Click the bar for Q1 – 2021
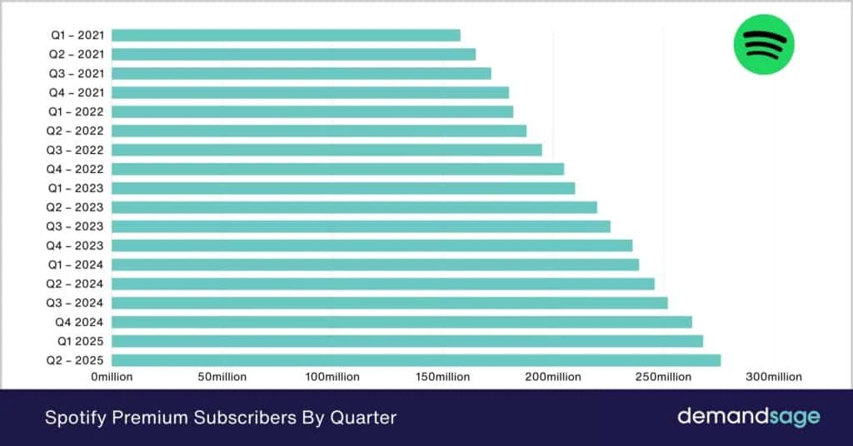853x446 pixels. tap(286, 35)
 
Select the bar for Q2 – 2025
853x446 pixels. tap(416, 360)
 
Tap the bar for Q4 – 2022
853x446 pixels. tap(337, 169)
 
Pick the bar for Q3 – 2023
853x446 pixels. tap(361, 226)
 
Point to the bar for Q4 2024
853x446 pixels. tap(402, 322)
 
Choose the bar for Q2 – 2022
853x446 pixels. tap(319, 131)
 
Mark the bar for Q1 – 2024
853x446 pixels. tap(375, 265)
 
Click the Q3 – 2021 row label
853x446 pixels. tap(77, 73)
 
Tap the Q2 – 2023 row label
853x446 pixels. tap(77, 207)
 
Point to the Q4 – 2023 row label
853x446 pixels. tap(77, 245)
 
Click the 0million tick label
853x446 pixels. tap(112, 377)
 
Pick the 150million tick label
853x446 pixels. tap(441, 377)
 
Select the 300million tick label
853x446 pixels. tap(774, 377)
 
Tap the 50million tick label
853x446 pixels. tap(222, 377)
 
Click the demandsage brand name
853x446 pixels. tap(748, 416)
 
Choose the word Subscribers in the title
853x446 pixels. tap(236, 417)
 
